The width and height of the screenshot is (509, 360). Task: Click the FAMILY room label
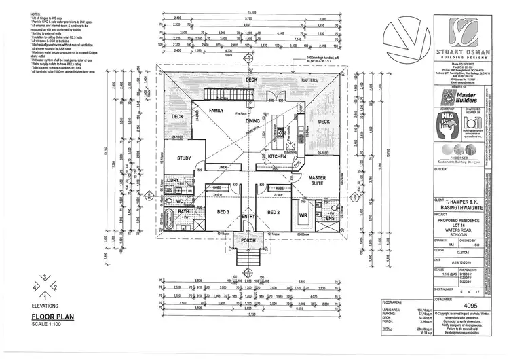pos(216,109)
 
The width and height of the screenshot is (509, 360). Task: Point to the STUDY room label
pos(183,159)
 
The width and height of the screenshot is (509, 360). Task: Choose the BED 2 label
pos(273,212)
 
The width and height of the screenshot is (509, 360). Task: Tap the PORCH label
pos(247,240)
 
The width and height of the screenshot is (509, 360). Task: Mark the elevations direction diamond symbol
pos(45,287)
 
